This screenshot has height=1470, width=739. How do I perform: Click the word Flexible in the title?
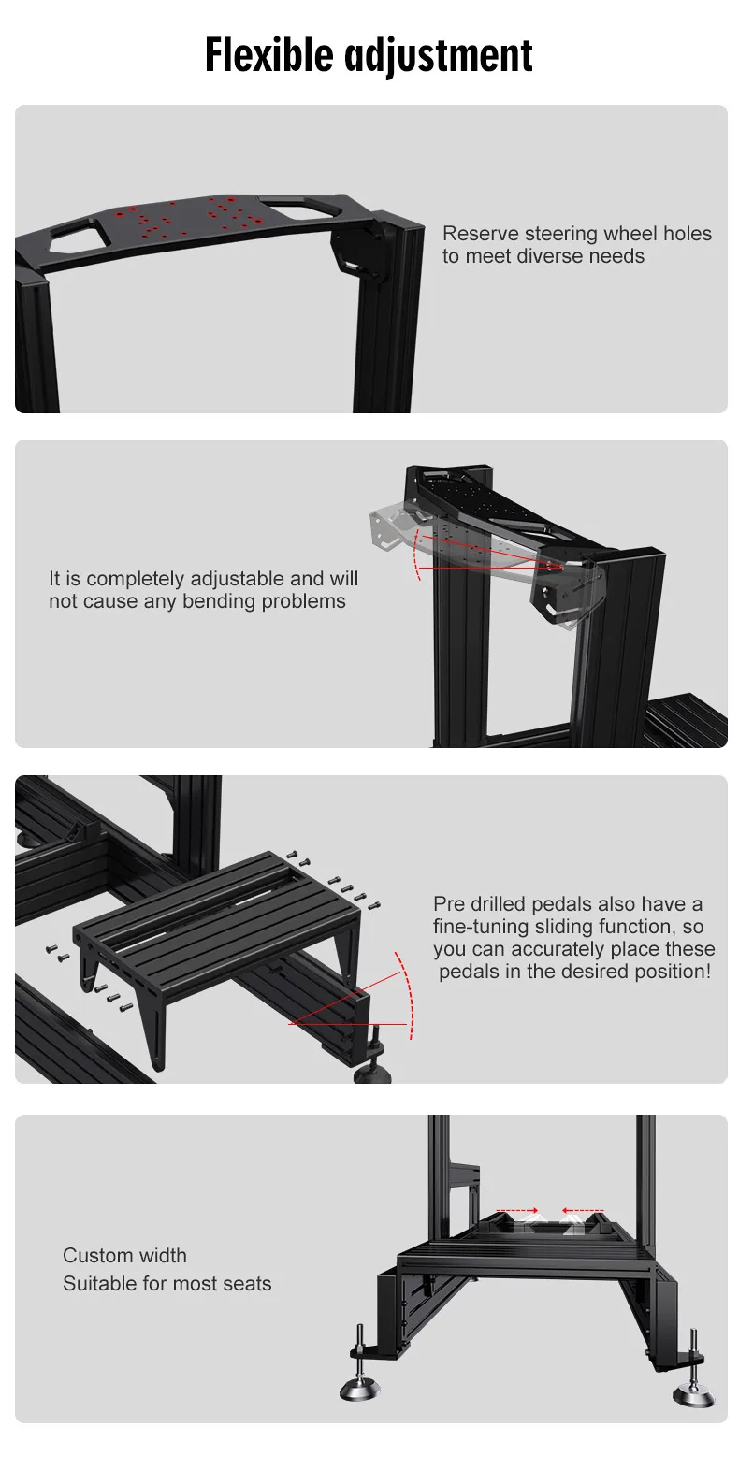click(x=269, y=55)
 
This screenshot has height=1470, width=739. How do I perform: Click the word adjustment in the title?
click(x=439, y=57)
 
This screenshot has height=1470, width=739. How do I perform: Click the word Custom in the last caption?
click(x=94, y=1256)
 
